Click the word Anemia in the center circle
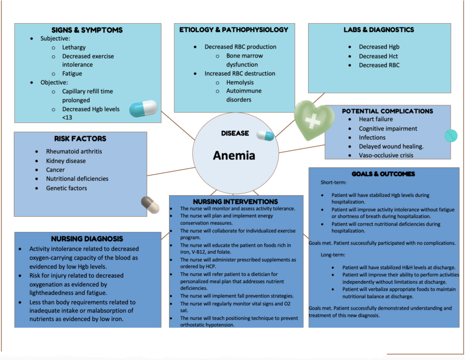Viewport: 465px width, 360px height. (234, 156)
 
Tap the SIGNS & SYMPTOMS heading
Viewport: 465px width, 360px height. (87, 30)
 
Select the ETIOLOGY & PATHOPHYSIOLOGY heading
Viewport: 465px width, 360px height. (234, 30)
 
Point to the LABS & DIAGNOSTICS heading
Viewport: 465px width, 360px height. (379, 30)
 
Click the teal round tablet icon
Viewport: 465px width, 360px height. (451, 135)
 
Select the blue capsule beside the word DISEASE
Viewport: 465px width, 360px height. (265, 135)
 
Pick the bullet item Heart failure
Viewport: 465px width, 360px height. (375, 119)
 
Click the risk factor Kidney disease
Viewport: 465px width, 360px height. (66, 161)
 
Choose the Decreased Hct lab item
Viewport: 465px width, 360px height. (378, 56)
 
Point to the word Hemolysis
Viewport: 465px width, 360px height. (240, 82)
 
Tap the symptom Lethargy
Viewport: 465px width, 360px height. (74, 47)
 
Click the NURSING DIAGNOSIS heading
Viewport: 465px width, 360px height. (87, 239)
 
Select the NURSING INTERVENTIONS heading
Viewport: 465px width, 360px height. (235, 202)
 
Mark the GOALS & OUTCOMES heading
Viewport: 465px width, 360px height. (383, 174)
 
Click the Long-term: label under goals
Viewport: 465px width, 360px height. (333, 255)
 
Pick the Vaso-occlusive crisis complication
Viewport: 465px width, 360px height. (386, 155)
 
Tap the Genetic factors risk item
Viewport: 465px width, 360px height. (67, 188)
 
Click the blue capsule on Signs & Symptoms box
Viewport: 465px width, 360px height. (143, 109)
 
